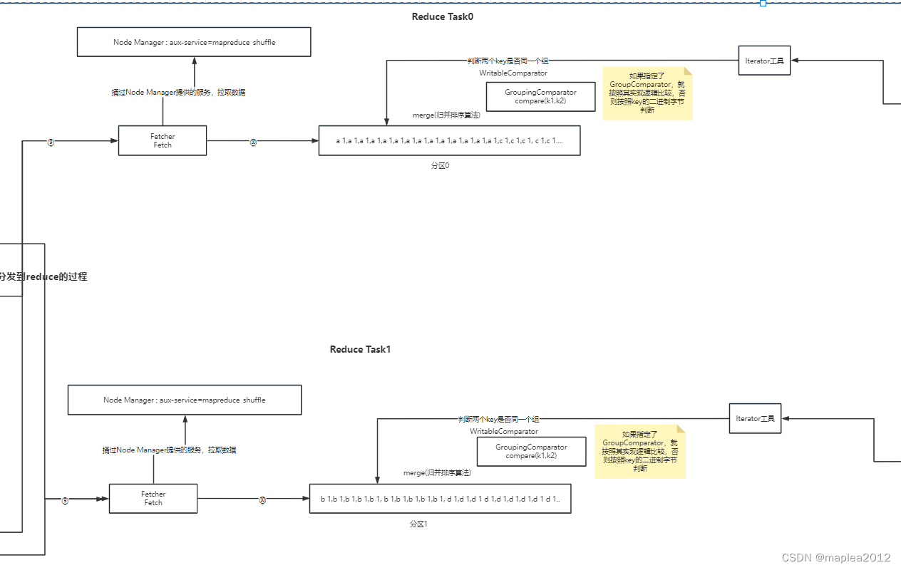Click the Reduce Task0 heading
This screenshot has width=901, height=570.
(x=442, y=17)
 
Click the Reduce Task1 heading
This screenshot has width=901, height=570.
(x=360, y=349)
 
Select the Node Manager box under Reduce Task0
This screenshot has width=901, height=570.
(x=194, y=42)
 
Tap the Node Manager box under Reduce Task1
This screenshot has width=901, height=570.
(x=184, y=400)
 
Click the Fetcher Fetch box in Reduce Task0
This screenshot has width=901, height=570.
(x=163, y=140)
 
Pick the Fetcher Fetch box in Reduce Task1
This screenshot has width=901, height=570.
(x=153, y=498)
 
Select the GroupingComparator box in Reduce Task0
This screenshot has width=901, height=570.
(x=540, y=97)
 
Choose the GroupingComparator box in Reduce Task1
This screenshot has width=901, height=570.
(x=531, y=452)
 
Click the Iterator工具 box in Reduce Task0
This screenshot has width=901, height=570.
(x=764, y=61)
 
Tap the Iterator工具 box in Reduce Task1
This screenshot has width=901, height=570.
(x=755, y=418)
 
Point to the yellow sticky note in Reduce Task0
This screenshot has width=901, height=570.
(x=647, y=93)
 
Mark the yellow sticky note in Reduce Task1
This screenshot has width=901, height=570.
(x=639, y=451)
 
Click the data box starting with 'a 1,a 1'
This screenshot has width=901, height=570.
(x=449, y=140)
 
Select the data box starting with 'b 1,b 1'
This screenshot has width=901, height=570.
(x=440, y=499)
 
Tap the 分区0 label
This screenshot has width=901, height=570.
(x=440, y=165)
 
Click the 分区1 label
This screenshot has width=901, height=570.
(x=418, y=524)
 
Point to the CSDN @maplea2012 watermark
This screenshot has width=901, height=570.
(x=835, y=557)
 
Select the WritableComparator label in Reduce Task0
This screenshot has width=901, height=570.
(x=513, y=73)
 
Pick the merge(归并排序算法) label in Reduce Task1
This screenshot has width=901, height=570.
(x=436, y=472)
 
